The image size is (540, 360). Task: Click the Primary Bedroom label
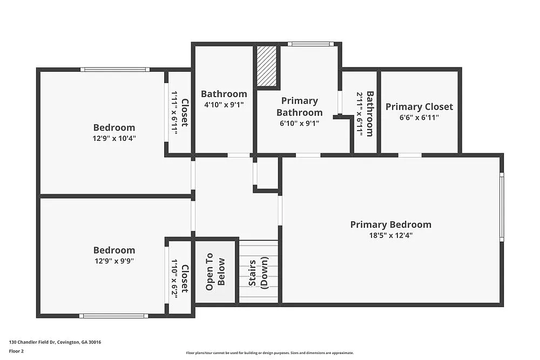(390, 225)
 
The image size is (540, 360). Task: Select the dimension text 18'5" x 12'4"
(390, 235)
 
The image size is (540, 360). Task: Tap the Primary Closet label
(419, 107)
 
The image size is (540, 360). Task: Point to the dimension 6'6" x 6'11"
(419, 117)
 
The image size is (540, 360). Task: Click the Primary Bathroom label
(299, 106)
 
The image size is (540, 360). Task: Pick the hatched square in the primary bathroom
(266, 66)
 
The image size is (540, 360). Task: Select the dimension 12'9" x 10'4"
(114, 138)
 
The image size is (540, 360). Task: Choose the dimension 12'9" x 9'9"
(114, 261)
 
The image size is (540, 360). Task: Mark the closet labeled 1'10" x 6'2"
(180, 278)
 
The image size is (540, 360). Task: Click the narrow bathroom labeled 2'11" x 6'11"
(365, 113)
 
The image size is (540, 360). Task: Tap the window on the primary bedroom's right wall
(502, 207)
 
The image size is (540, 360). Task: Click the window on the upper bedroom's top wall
(114, 69)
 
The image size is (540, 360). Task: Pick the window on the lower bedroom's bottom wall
(113, 316)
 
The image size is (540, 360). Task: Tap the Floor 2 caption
(16, 351)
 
